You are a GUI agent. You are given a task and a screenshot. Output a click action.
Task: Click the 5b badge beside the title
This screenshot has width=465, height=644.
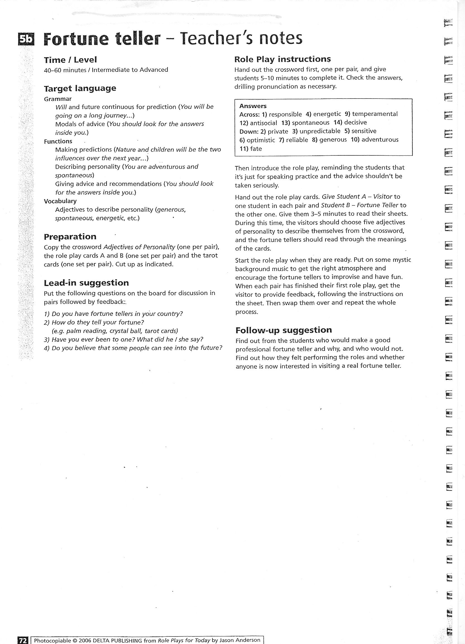26,39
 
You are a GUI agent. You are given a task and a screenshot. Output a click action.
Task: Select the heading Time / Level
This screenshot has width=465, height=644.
70,60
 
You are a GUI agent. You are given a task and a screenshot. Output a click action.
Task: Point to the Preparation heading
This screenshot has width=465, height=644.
70,237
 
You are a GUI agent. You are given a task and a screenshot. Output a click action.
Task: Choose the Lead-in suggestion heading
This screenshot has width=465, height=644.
86,283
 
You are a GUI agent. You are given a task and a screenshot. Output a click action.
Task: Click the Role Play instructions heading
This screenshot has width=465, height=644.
283,59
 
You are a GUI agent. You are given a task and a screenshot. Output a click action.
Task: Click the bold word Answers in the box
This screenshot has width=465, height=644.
253,106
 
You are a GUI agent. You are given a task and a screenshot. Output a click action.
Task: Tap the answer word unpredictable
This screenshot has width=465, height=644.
320,131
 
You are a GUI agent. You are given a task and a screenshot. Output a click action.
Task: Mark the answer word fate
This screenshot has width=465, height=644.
256,149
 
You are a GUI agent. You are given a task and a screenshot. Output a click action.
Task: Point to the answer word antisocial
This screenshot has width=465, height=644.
263,123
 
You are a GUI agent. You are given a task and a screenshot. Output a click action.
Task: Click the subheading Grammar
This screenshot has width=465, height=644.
58,99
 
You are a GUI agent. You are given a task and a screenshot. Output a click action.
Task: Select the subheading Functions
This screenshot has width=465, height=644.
58,141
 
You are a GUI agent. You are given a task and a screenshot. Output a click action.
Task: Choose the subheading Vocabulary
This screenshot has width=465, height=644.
60,201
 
